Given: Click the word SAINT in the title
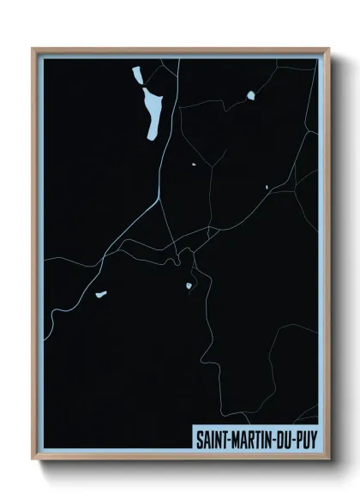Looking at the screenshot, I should (210, 439).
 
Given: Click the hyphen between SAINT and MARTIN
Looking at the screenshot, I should (227, 440).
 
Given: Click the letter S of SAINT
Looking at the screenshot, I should (199, 439).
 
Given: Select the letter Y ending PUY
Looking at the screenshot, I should (313, 439).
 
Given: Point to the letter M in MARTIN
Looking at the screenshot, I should (235, 439).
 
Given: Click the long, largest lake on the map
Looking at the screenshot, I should (153, 114).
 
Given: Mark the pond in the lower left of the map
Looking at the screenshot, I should (101, 294).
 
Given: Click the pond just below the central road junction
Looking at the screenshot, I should (189, 285).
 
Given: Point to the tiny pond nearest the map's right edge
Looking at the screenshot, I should (267, 187).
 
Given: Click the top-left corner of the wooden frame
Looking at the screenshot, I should (33, 49).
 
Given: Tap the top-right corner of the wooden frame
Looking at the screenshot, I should (329, 49).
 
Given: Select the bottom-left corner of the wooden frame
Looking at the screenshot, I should (33, 460).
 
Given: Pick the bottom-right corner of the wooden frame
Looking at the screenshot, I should (329, 460).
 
